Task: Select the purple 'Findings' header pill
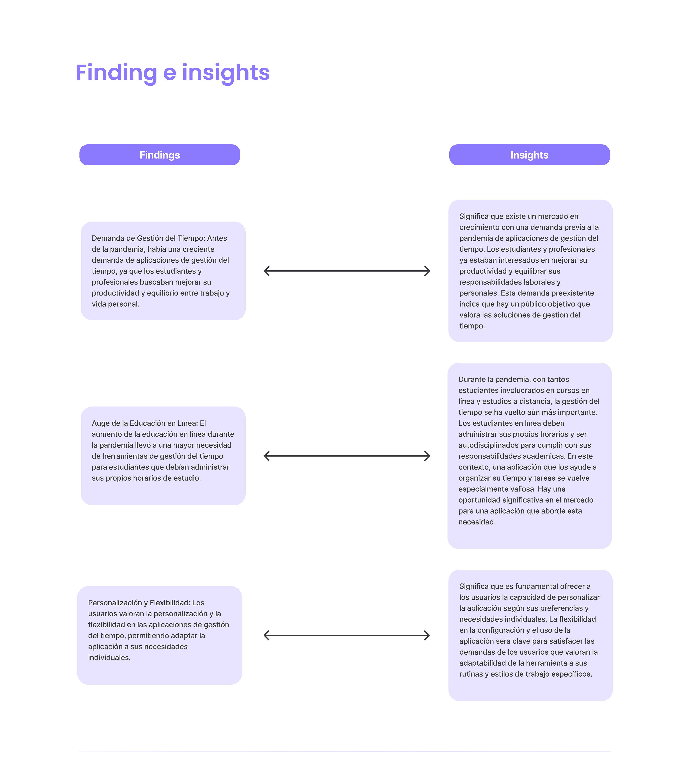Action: pos(160,155)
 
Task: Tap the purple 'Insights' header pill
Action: pos(529,155)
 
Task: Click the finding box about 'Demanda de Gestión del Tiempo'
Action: pos(163,271)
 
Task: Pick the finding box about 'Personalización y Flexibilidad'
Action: pos(159,635)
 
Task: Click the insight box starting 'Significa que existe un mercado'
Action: pos(530,271)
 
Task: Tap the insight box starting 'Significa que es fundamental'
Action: pos(530,635)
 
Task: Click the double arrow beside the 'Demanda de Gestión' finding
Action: pos(346,271)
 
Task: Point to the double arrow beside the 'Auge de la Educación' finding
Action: pos(346,456)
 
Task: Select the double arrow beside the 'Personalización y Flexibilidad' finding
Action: pos(346,635)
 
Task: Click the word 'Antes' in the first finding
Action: pos(217,238)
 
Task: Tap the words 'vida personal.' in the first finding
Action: pos(116,304)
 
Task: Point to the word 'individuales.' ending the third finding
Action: pos(109,658)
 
